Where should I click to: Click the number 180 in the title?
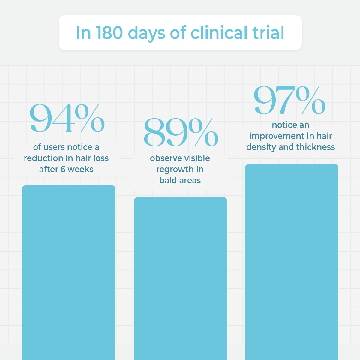click(109, 33)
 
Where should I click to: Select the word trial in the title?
click(268, 33)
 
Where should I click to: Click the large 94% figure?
click(67, 118)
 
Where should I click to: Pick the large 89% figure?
click(181, 132)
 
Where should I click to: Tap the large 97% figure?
click(289, 100)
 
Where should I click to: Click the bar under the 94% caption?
click(69, 270)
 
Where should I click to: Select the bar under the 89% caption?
click(180, 276)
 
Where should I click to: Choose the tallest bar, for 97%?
click(292, 261)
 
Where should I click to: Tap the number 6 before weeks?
click(63, 169)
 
